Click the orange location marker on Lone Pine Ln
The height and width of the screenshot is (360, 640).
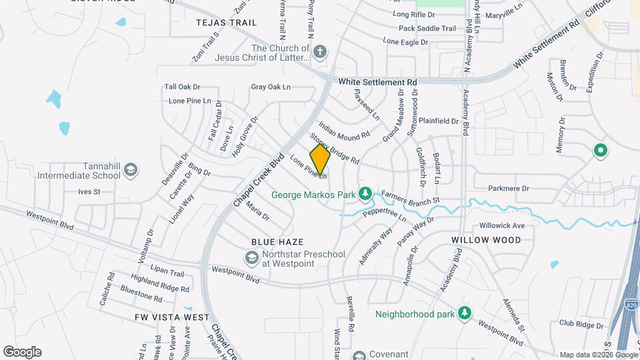coord(320,159)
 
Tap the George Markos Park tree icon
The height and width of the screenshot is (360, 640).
coord(364,194)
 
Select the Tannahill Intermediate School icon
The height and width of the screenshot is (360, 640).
coord(130,171)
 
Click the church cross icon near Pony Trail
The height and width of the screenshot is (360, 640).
coord(320,52)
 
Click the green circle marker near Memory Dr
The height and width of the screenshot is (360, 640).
coord(600,151)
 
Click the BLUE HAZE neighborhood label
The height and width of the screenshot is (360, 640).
coord(277,242)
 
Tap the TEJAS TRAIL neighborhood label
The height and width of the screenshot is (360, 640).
coord(227,23)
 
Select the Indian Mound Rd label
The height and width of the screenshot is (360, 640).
coord(344,130)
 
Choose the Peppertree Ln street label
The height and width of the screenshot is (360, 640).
coord(383,213)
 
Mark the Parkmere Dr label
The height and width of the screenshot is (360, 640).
coord(508,189)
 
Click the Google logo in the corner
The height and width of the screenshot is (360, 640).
coord(22,351)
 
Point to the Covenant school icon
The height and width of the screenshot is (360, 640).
coord(360,355)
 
